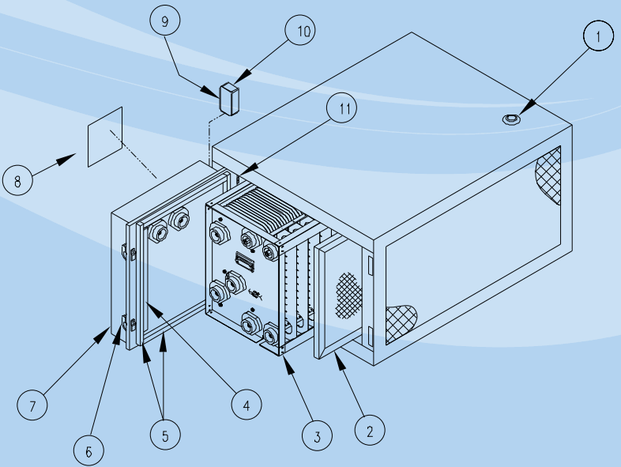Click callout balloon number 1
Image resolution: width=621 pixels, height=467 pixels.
point(599,36)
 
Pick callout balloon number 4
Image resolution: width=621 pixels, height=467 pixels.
point(246,405)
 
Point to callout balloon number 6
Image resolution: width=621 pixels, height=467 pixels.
point(88,450)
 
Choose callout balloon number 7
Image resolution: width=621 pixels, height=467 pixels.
point(32,406)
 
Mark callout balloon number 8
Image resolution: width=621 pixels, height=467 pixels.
point(18,180)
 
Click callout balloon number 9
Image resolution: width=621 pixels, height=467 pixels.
point(165,22)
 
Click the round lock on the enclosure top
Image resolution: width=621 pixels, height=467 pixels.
point(512,119)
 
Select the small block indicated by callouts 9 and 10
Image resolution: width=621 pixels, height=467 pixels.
point(230,99)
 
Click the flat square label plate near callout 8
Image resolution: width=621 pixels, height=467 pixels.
point(105,137)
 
